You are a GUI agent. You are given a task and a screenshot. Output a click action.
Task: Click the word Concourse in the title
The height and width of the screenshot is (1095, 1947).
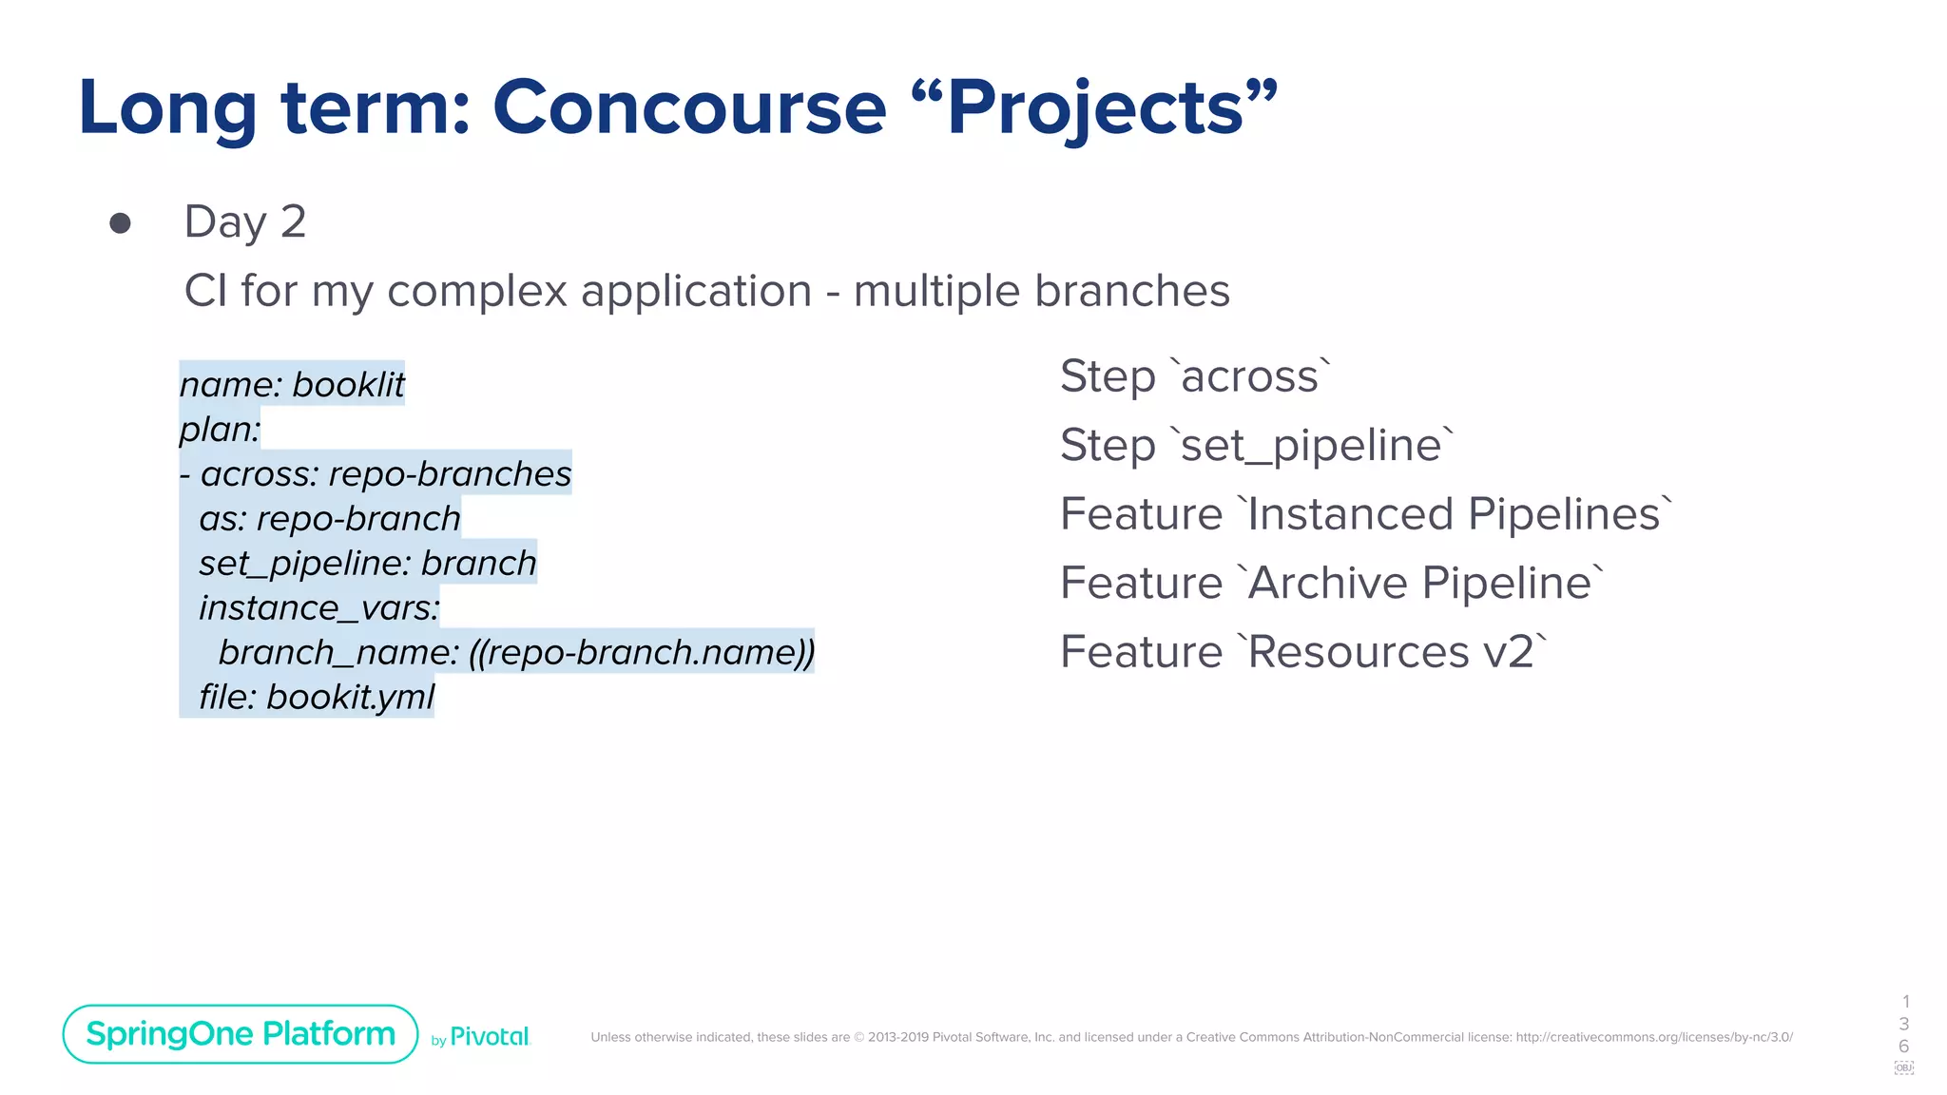click(689, 107)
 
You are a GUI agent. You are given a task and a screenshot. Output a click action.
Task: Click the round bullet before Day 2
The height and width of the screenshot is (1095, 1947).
click(120, 223)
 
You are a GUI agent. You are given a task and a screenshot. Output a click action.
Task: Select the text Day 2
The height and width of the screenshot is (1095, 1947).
click(245, 221)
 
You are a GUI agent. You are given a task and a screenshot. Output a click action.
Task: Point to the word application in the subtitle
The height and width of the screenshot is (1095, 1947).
click(696, 291)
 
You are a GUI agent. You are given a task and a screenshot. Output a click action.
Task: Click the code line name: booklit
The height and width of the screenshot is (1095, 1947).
click(292, 384)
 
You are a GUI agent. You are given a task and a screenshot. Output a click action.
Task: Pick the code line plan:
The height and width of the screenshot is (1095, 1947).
click(220, 429)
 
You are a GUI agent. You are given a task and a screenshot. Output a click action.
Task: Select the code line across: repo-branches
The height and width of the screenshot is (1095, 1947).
click(385, 473)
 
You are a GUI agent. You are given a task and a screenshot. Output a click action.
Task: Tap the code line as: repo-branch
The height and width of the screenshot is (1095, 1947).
click(329, 518)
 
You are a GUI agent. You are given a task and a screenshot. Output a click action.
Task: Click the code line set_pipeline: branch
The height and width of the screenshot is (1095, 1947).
click(367, 563)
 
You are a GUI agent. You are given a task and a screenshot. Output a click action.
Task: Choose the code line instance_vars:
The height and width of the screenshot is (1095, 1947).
click(318, 607)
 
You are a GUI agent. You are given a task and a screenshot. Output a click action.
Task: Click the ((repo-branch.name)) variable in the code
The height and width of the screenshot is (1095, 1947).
click(642, 652)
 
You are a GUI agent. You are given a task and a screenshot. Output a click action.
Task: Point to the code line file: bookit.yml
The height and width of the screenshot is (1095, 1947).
click(316, 697)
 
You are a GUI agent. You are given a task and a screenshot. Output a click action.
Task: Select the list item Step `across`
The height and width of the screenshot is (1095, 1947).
click(1195, 376)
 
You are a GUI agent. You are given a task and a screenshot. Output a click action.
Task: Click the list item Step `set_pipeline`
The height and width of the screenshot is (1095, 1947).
click(1257, 445)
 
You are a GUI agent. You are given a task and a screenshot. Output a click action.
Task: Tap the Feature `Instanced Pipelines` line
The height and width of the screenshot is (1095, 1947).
click(1365, 514)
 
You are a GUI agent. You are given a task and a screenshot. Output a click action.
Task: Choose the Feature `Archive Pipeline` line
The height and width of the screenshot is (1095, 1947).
click(1332, 583)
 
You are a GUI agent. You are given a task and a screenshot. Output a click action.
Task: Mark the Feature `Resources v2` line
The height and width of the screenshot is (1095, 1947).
click(1303, 652)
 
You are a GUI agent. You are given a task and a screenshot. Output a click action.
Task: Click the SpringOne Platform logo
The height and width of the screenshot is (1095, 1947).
click(241, 1034)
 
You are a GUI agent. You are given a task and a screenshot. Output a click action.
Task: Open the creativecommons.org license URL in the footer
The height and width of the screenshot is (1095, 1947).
click(1654, 1037)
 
